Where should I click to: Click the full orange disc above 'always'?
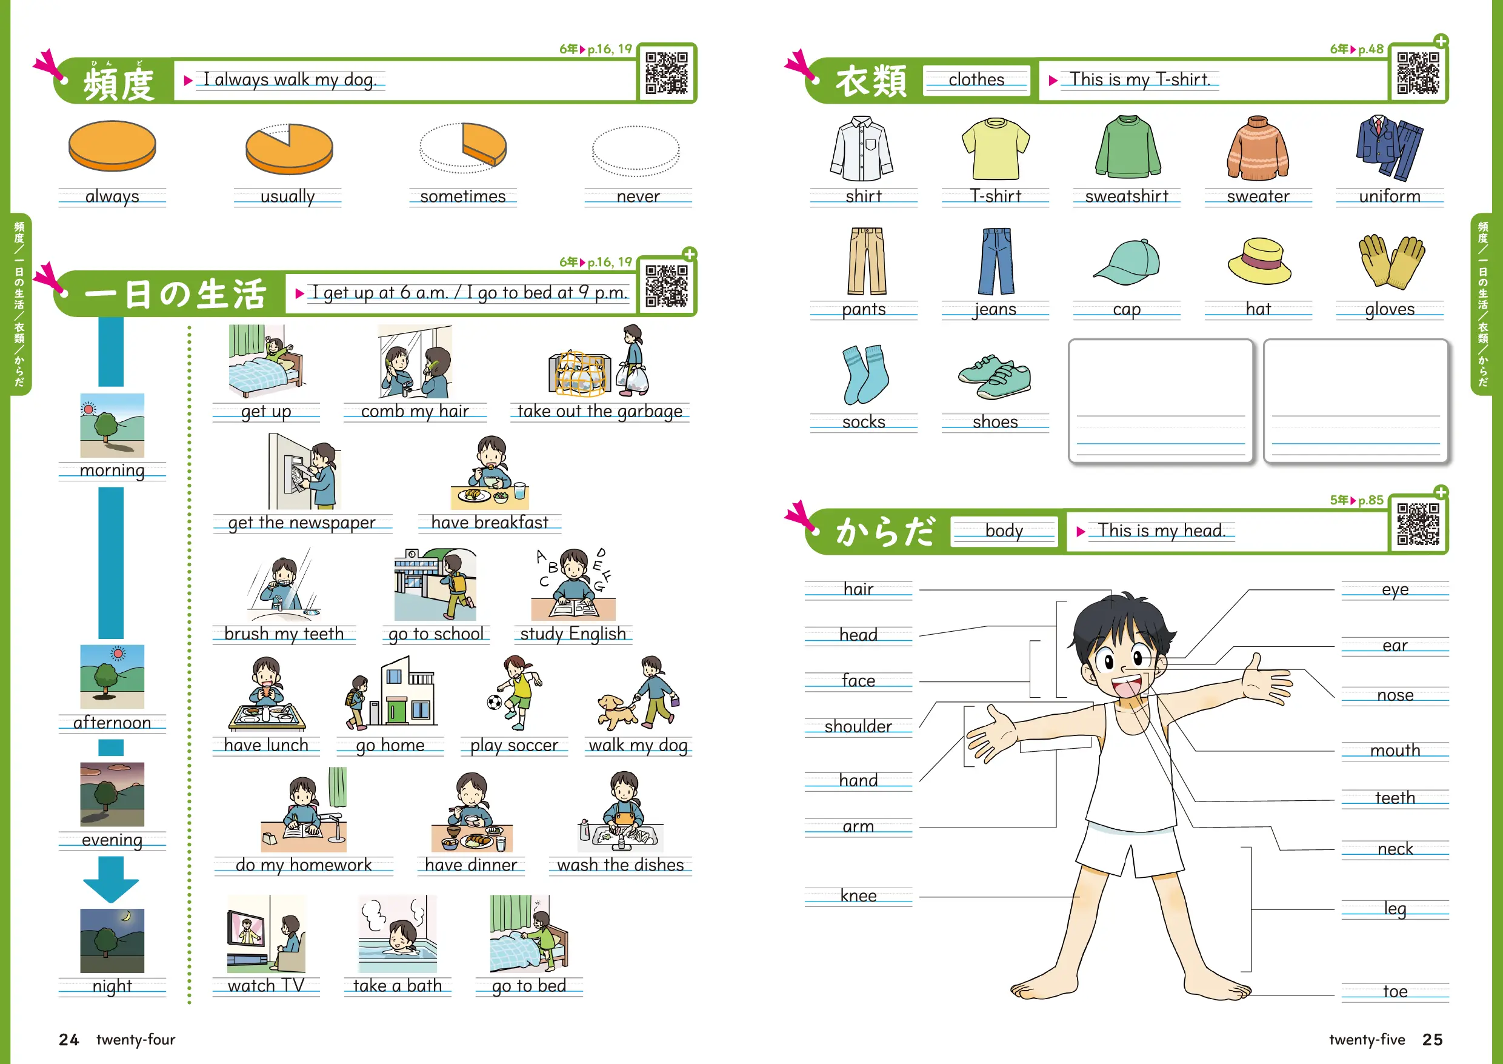(x=112, y=146)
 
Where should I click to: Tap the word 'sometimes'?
(x=463, y=196)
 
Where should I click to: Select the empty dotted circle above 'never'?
(x=636, y=151)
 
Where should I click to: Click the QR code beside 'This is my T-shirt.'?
(x=1418, y=73)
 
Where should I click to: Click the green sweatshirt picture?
(x=1127, y=147)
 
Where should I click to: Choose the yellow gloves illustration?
(x=1391, y=261)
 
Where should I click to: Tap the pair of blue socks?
(x=864, y=374)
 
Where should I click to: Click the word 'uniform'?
(x=1390, y=196)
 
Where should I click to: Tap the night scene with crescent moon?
(x=112, y=941)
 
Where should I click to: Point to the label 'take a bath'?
(x=398, y=986)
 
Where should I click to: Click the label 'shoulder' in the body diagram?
(x=858, y=726)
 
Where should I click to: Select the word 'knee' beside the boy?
(x=858, y=895)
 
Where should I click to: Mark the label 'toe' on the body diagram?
(x=1395, y=991)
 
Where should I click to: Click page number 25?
(x=1432, y=1040)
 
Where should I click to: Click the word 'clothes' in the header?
(x=976, y=80)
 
